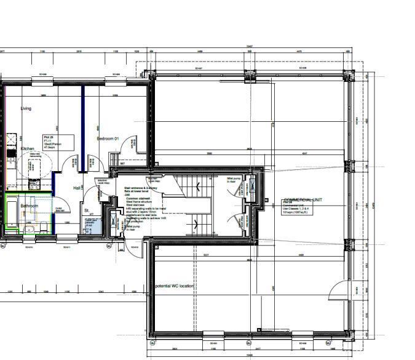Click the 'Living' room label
[26, 108]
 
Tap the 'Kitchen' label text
[27, 149]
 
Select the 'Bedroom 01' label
[108, 139]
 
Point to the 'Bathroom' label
[30, 205]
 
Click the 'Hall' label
[77, 188]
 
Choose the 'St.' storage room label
[87, 210]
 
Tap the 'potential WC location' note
[175, 286]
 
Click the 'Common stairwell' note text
[138, 199]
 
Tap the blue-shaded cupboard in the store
[90, 225]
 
